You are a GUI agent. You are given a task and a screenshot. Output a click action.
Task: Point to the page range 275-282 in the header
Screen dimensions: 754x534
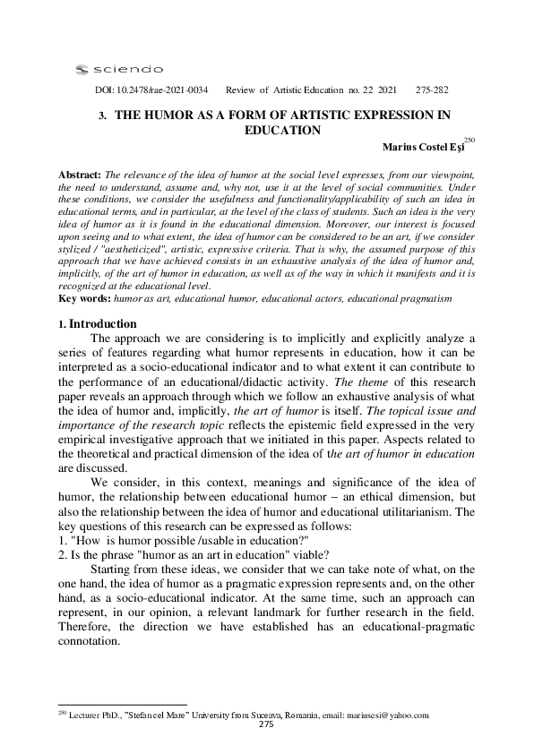click(433, 90)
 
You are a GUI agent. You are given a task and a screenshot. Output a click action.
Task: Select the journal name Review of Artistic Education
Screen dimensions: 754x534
click(291, 90)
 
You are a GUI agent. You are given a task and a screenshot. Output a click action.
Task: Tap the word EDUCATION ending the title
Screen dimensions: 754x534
click(282, 130)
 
